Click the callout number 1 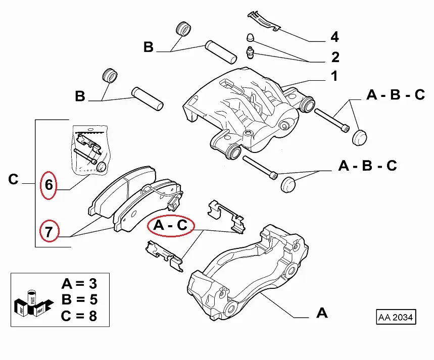[x=334, y=77]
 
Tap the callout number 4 [x=334, y=37]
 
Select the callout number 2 [x=334, y=57]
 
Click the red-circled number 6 [x=49, y=185]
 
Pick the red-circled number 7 [x=49, y=233]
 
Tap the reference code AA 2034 [x=396, y=318]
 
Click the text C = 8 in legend [x=79, y=316]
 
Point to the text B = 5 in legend [x=79, y=300]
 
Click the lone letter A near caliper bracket [x=322, y=314]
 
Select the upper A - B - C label [x=396, y=95]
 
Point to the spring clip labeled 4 [x=264, y=21]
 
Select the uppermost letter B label [x=148, y=47]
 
